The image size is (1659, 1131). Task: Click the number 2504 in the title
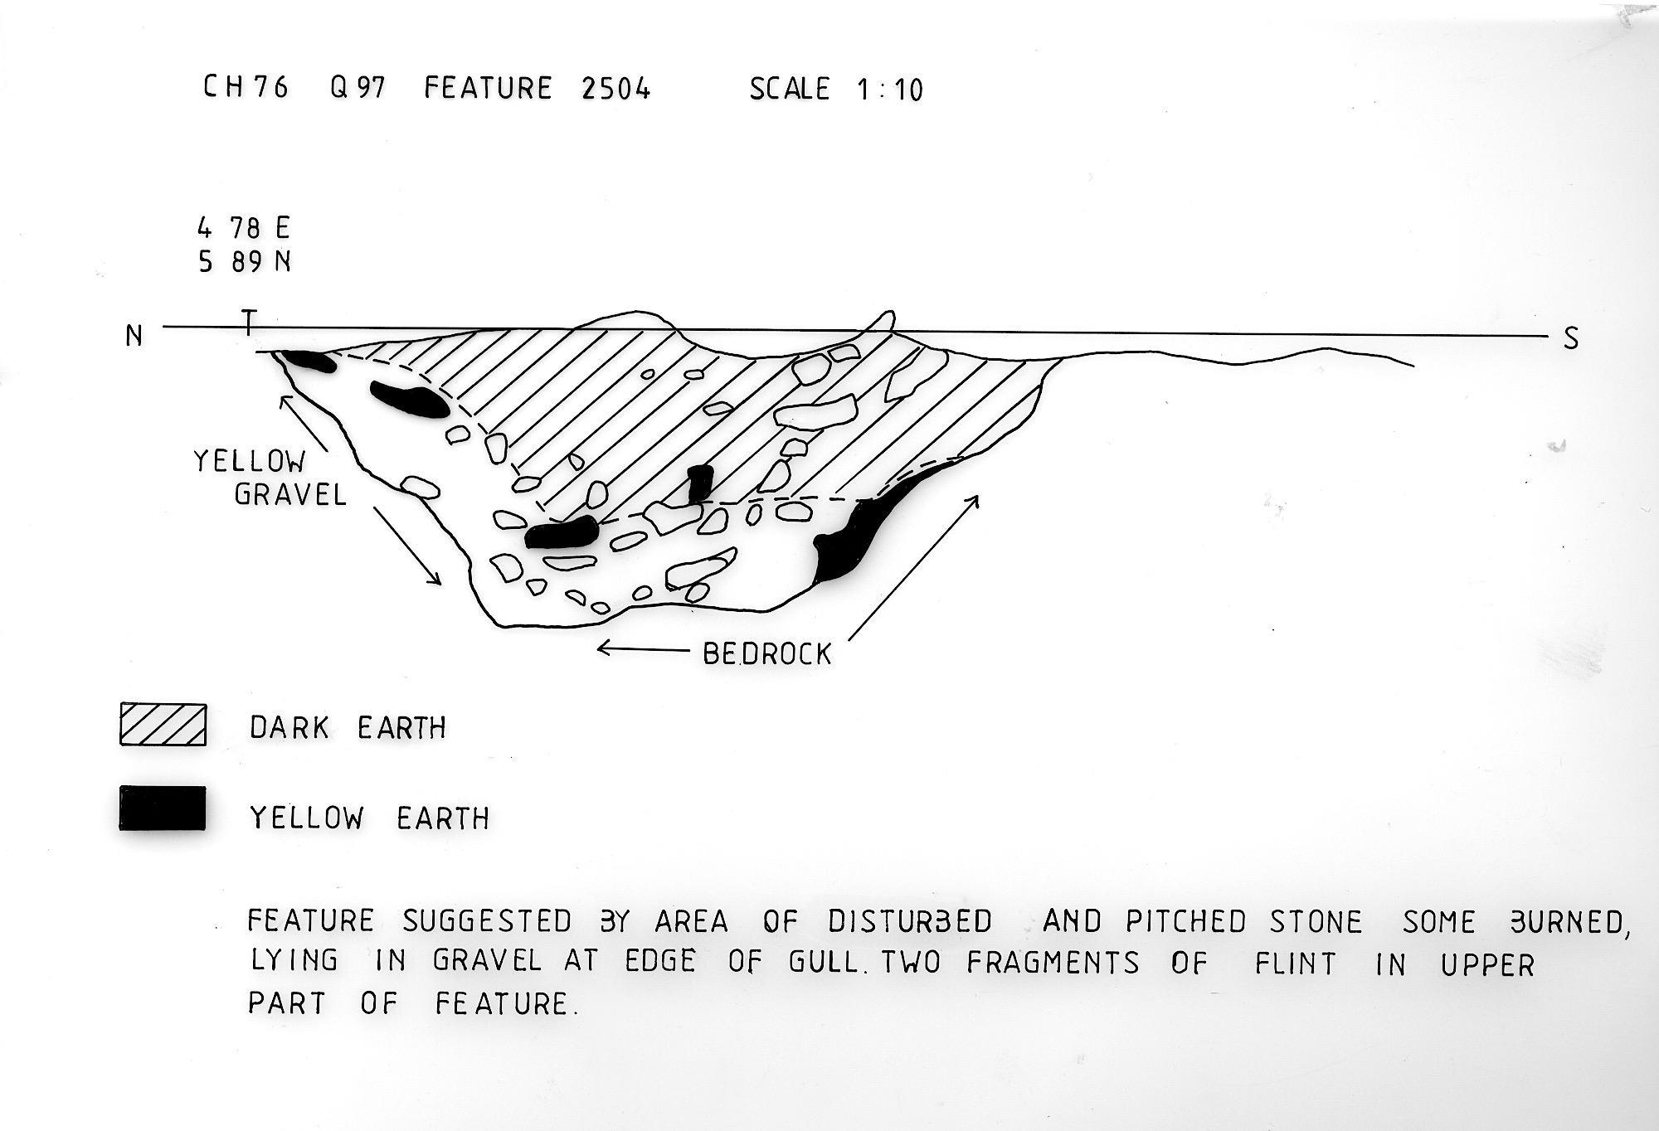(x=615, y=88)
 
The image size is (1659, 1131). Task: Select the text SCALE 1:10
(x=836, y=89)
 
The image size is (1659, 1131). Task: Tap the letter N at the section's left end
(x=134, y=336)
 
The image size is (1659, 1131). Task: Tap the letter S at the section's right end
(x=1570, y=338)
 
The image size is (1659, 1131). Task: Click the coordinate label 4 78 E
(x=243, y=227)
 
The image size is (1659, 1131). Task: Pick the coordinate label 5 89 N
(x=244, y=261)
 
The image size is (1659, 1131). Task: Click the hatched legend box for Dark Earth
(x=163, y=725)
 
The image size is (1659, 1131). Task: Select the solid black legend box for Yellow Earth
(x=163, y=808)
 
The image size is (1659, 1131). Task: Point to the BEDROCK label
(x=766, y=654)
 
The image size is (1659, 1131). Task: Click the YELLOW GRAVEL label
(x=270, y=478)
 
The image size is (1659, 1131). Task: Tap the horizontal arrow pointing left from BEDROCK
(x=645, y=649)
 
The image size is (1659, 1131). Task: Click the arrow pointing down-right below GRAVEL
(x=407, y=546)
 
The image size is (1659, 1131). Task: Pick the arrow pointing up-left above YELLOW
(x=304, y=423)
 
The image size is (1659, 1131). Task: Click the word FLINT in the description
(x=1295, y=964)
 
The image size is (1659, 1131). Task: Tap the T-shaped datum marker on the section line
(x=248, y=323)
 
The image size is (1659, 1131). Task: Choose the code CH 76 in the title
(x=246, y=86)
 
